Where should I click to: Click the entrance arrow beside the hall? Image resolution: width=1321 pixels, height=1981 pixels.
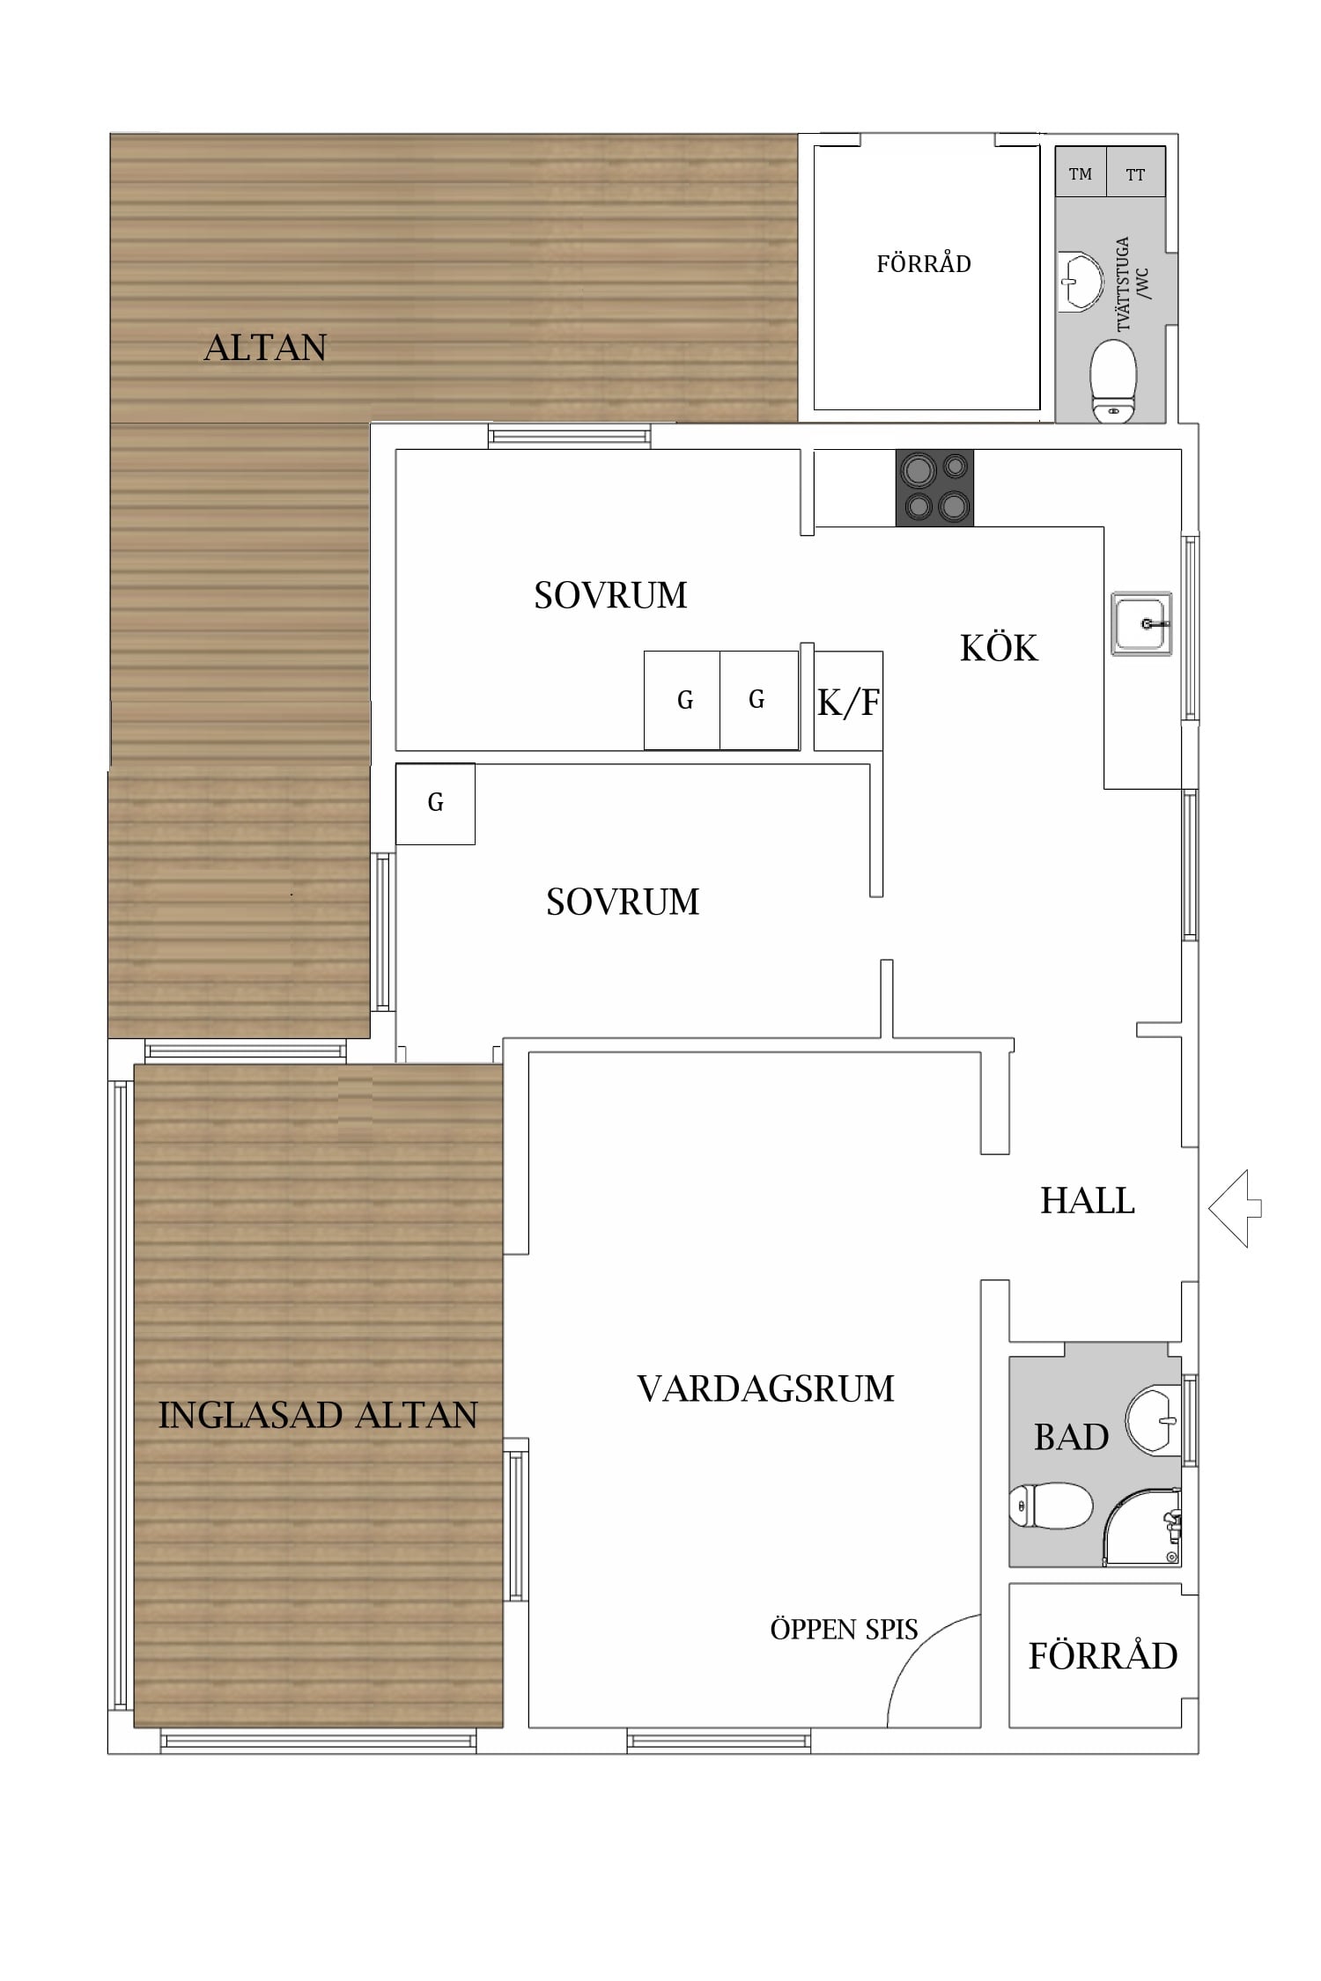click(x=1235, y=1208)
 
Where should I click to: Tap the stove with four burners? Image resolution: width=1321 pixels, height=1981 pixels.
click(x=934, y=489)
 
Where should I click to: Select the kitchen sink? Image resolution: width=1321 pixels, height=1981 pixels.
click(x=1141, y=623)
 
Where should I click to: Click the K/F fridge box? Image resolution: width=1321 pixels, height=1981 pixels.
click(x=848, y=701)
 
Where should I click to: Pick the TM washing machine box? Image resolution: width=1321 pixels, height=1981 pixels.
click(x=1081, y=172)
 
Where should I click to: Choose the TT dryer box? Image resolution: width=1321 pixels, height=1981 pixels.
click(x=1136, y=172)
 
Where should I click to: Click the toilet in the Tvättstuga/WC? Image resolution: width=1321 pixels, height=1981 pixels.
click(x=1113, y=381)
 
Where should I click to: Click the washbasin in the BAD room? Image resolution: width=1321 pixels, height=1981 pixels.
click(x=1154, y=1420)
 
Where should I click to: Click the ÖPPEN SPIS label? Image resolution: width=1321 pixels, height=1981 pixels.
click(x=844, y=1629)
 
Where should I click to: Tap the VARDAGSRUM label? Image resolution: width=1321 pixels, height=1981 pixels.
click(x=765, y=1388)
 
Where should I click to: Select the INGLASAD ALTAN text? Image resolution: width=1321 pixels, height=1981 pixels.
click(x=318, y=1415)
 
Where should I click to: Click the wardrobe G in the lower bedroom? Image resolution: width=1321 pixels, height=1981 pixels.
click(x=435, y=803)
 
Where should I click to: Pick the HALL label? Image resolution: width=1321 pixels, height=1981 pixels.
click(x=1088, y=1200)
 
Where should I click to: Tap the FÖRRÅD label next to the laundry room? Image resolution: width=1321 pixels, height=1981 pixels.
click(x=924, y=263)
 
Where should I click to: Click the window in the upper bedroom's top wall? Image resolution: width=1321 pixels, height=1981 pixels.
click(x=570, y=436)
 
